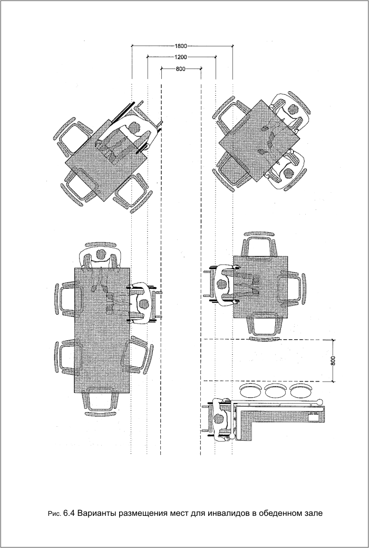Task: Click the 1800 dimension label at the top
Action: [x=181, y=46]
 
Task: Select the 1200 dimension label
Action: [x=181, y=57]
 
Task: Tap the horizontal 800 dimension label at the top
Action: [x=180, y=69]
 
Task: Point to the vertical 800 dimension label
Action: [x=333, y=360]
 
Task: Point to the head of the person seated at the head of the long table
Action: [x=101, y=254]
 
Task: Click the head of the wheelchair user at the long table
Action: [x=143, y=304]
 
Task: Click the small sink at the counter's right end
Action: [x=314, y=416]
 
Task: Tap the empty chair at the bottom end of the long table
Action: [x=101, y=404]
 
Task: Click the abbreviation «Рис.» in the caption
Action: [x=55, y=514]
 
